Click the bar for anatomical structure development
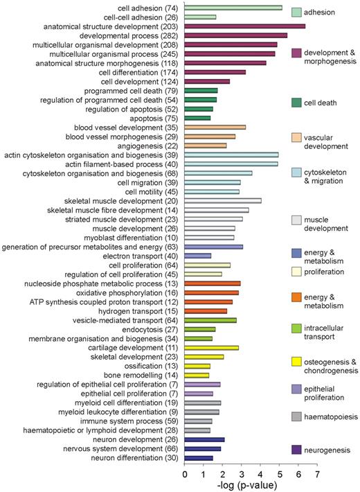[245, 26]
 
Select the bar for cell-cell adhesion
[200, 17]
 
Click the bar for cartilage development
[211, 348]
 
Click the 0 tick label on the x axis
[185, 474]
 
